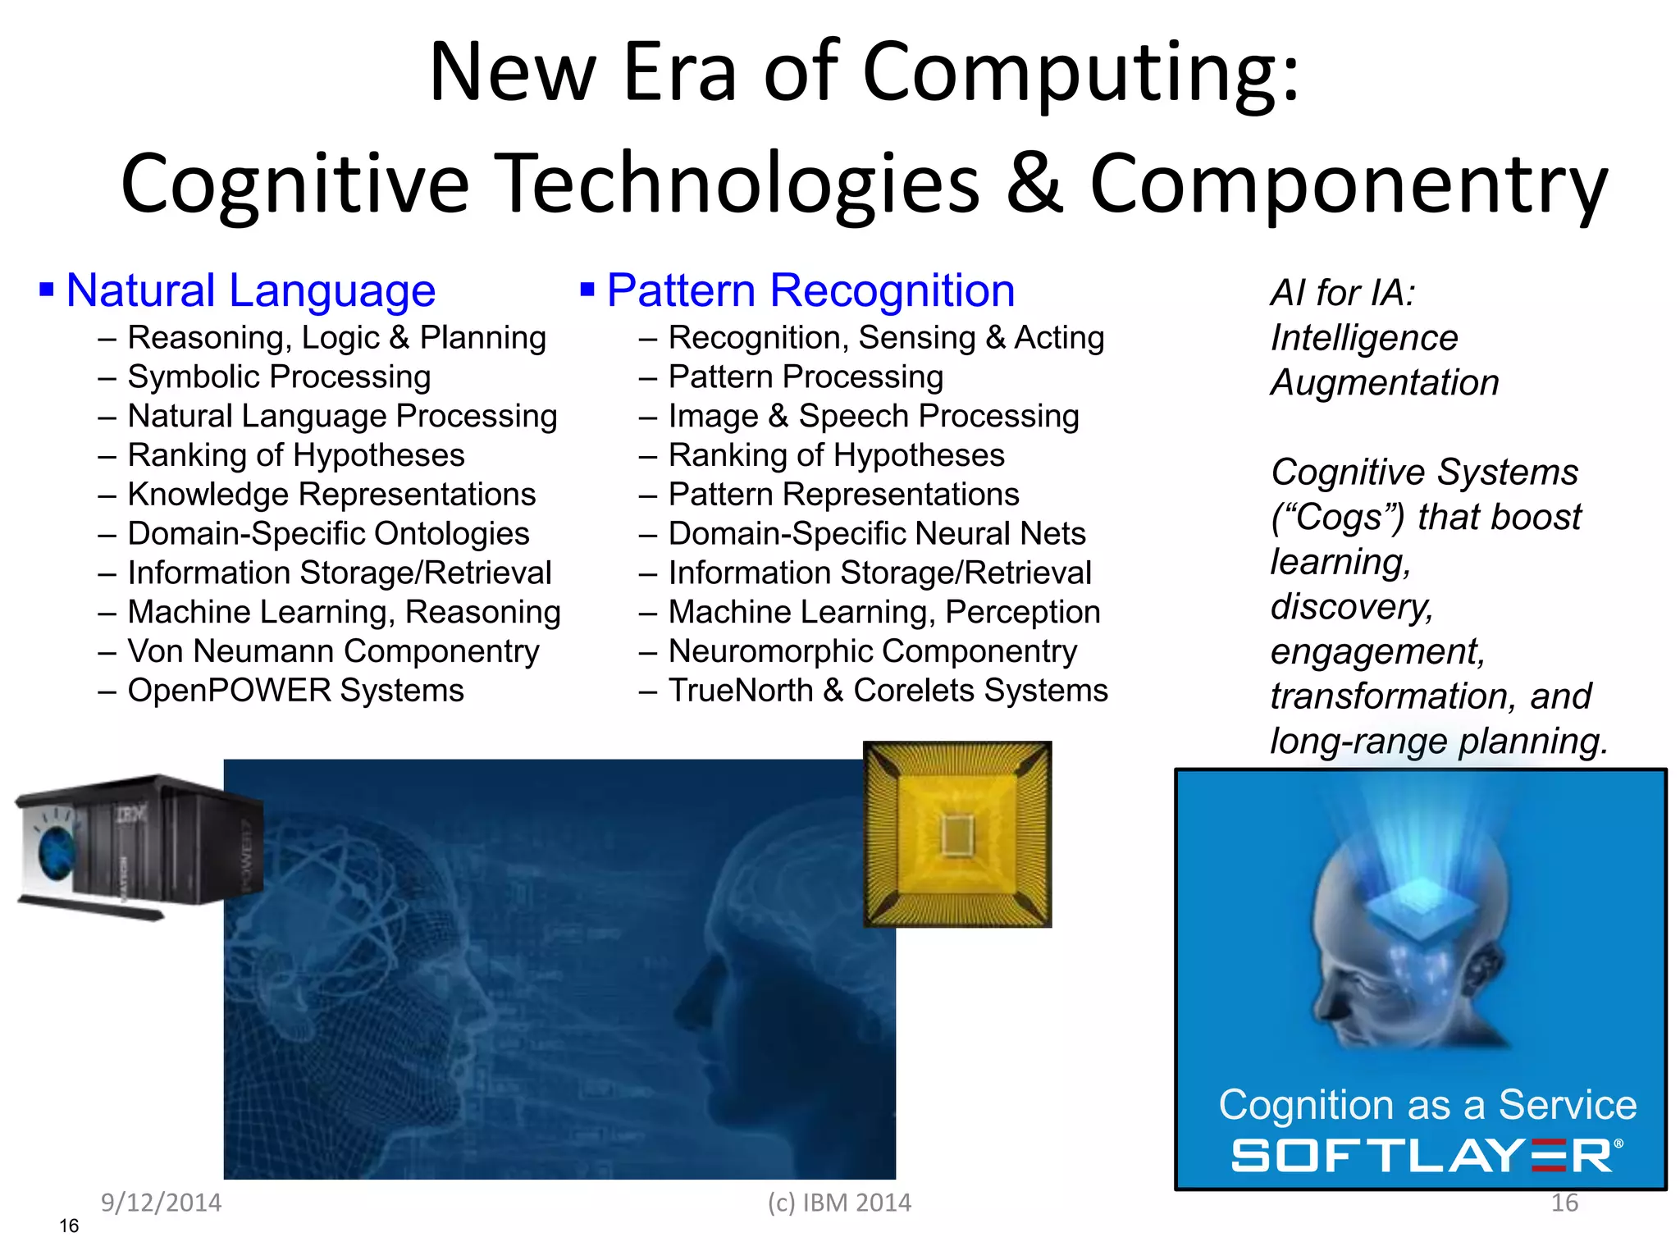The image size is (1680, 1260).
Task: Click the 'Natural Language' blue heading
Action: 250,290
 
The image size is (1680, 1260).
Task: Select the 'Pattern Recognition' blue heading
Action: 810,290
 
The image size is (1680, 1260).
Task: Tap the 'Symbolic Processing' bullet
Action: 279,377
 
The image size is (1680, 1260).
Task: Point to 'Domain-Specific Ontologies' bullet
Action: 328,533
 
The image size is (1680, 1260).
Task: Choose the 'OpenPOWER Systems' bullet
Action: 295,690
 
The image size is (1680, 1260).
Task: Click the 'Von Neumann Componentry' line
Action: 333,651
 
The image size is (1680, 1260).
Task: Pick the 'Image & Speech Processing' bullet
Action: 874,416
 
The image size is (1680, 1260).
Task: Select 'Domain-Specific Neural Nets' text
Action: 877,533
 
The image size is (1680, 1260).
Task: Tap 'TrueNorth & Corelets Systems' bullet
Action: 888,690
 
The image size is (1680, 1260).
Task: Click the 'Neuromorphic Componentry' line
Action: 873,651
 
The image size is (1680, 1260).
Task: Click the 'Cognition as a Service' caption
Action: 1427,1104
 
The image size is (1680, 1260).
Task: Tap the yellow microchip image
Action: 957,834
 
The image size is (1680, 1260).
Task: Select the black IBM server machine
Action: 139,845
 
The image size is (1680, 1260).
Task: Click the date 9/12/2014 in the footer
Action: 161,1203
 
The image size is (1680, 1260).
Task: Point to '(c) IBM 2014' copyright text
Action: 839,1203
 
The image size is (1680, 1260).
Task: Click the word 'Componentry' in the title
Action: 1349,184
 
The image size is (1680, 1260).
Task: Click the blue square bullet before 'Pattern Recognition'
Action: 587,290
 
